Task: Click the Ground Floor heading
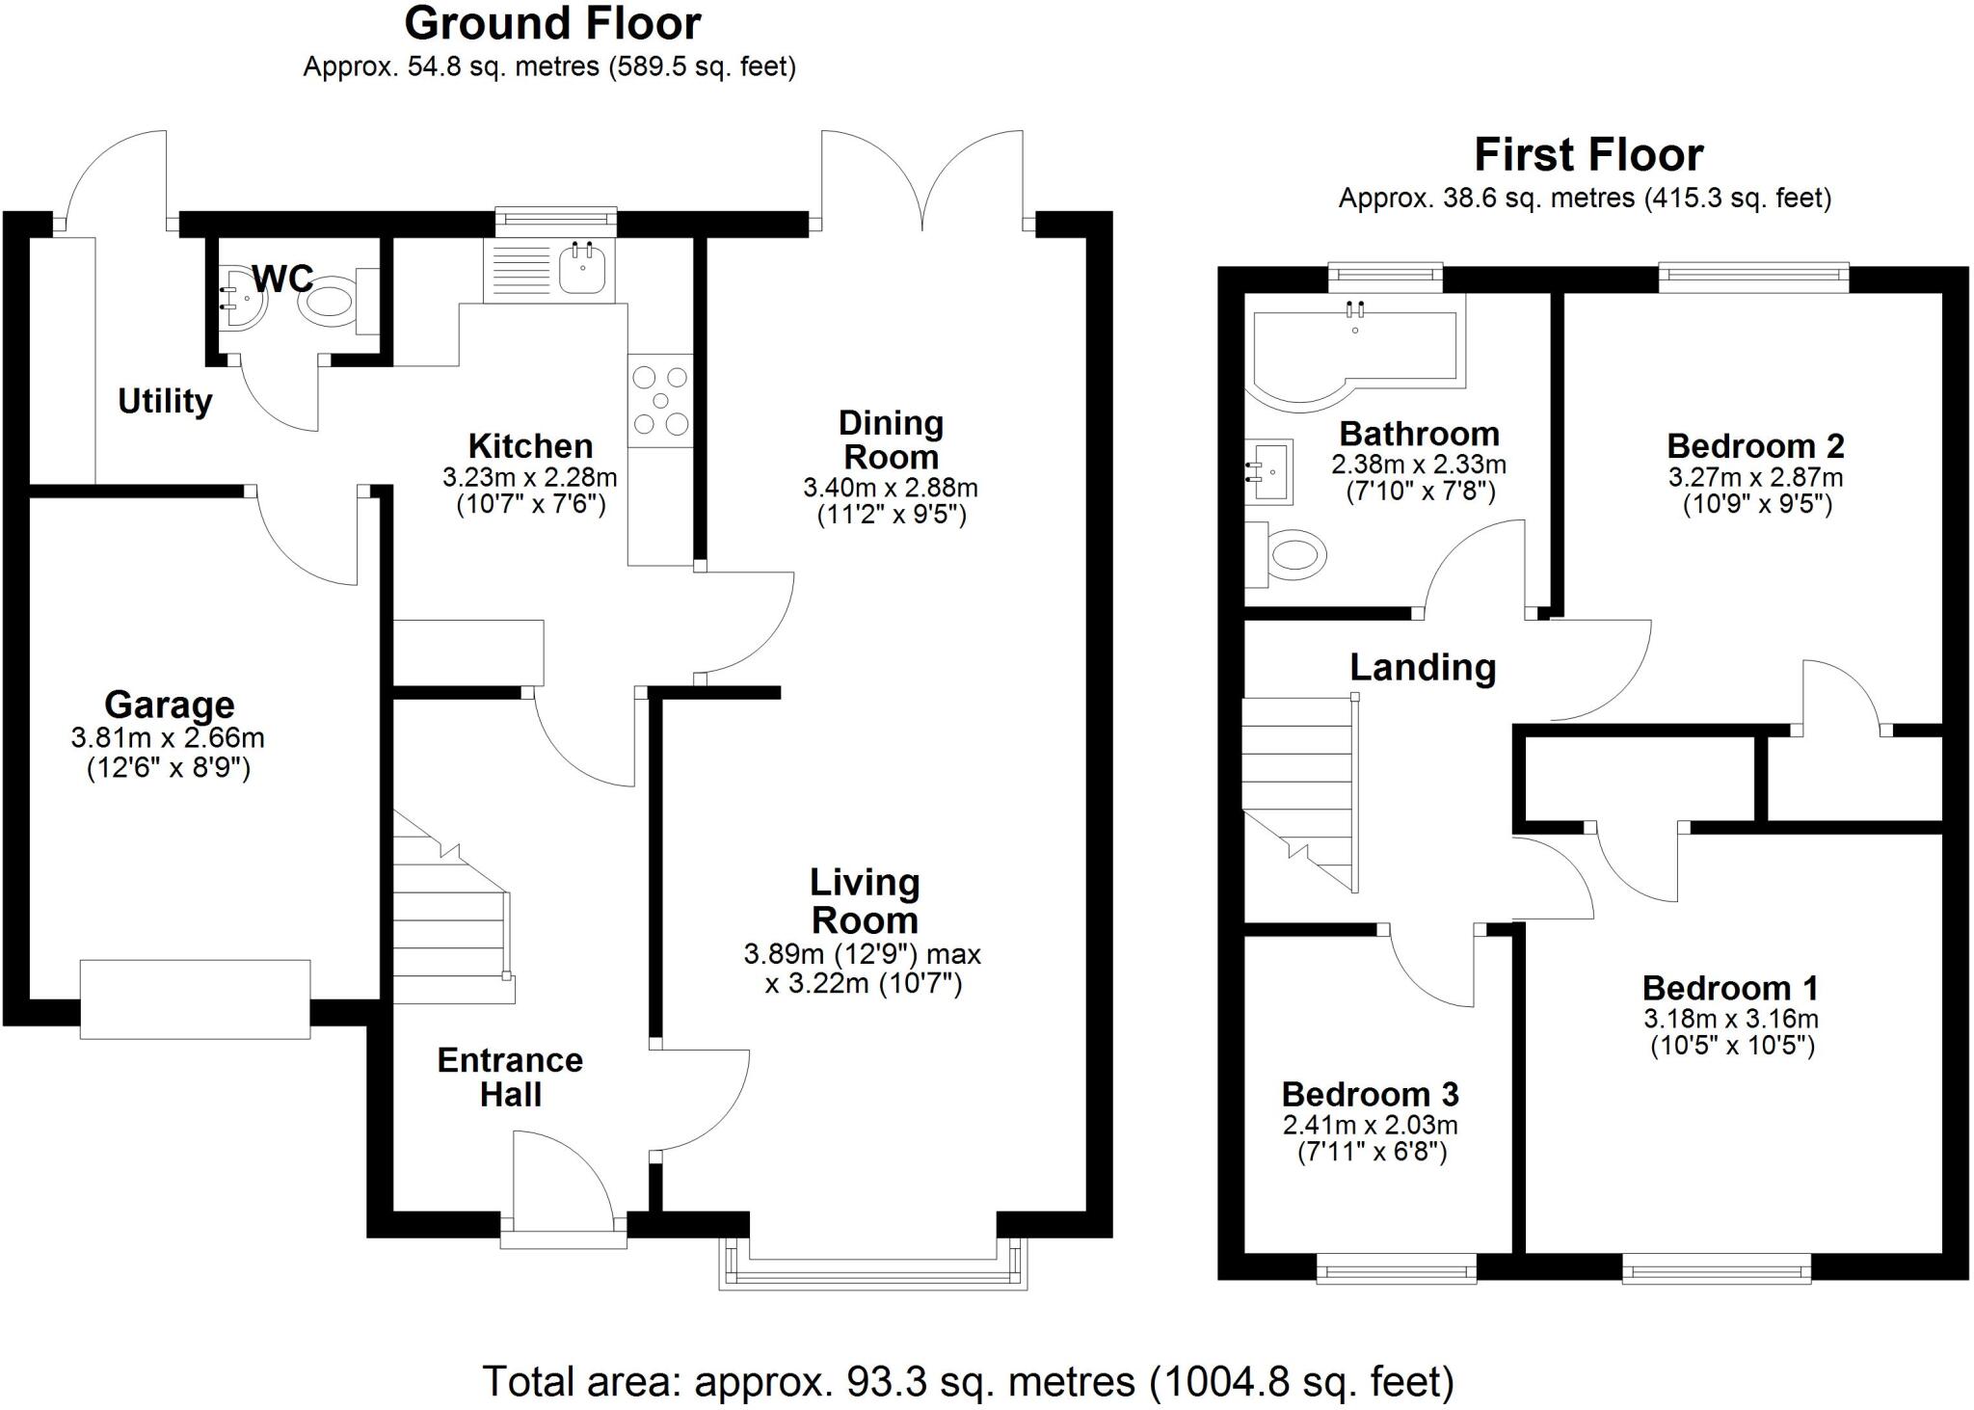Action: click(x=552, y=24)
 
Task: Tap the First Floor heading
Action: click(x=1588, y=154)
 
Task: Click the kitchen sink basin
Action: click(x=582, y=267)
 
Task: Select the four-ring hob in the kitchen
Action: click(x=660, y=401)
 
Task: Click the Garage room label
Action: click(x=169, y=705)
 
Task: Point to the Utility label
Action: click(x=165, y=401)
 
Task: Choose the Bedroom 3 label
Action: click(x=1370, y=1095)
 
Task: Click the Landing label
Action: click(x=1423, y=667)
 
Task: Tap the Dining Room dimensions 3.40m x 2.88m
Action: click(x=890, y=488)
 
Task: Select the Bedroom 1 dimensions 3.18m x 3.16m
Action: click(x=1731, y=1019)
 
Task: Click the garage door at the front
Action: click(x=195, y=999)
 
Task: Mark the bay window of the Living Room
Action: click(x=873, y=1264)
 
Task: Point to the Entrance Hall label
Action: click(x=510, y=1077)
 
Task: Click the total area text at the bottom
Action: click(x=968, y=1381)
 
